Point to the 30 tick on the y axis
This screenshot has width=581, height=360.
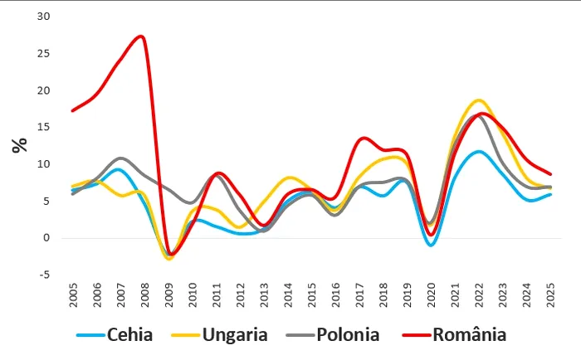pyautogui.click(x=43, y=17)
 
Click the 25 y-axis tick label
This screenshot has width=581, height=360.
pyautogui.click(x=43, y=54)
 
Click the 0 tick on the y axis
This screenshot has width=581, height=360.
pyautogui.click(x=47, y=238)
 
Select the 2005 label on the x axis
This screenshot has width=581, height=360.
pyautogui.click(x=74, y=292)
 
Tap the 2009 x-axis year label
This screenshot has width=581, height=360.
pyautogui.click(x=169, y=292)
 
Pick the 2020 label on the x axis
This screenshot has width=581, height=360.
pyautogui.click(x=431, y=292)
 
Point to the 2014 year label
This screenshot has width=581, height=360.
pyautogui.click(x=288, y=292)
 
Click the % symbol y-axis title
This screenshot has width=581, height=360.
pyautogui.click(x=19, y=145)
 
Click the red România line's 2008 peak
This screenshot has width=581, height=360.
pyautogui.click(x=141, y=36)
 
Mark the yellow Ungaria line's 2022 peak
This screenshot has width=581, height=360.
pyautogui.click(x=479, y=100)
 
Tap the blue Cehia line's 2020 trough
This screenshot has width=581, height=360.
pyautogui.click(x=430, y=245)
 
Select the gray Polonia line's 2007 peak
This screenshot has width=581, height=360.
pyautogui.click(x=121, y=158)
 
